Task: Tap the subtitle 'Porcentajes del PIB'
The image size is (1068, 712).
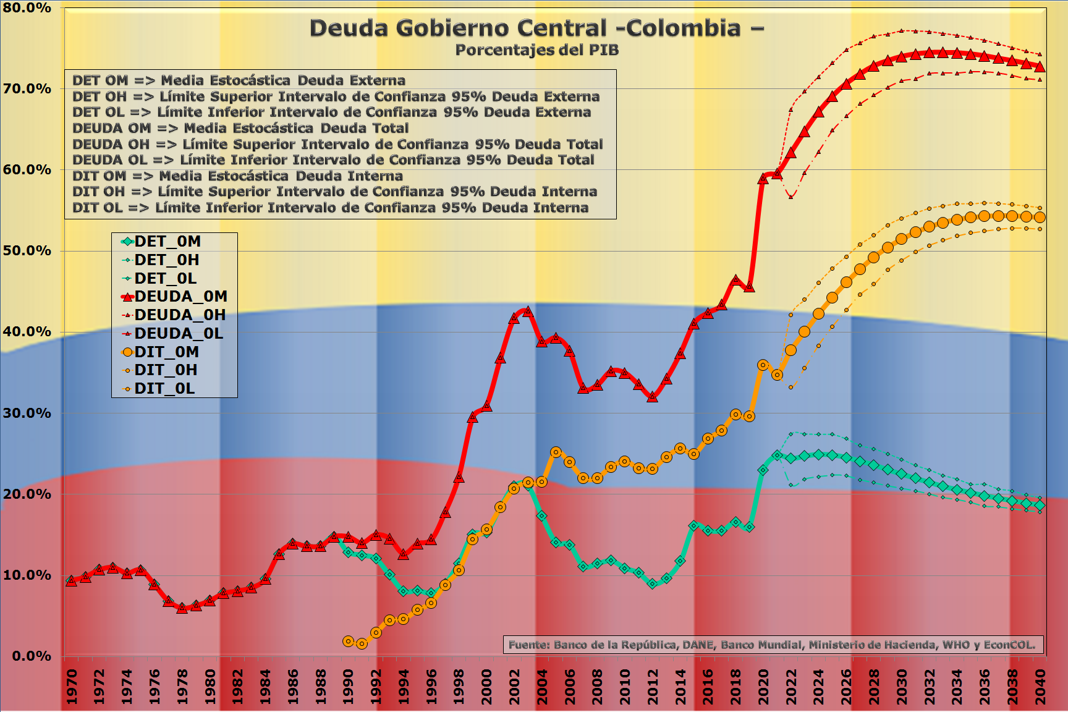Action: (536, 50)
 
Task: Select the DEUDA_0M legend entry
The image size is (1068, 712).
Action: (175, 297)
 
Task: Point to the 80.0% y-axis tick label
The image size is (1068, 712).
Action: (27, 8)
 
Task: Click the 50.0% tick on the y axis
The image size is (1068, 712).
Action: (27, 251)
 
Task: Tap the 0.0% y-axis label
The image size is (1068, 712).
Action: (31, 656)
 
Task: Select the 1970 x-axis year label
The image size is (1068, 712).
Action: (72, 686)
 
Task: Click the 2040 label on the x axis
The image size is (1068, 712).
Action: (1040, 686)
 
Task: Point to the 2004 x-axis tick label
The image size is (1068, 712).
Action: (542, 686)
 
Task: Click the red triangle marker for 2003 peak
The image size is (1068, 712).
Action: (528, 311)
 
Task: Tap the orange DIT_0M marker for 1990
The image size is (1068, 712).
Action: (348, 642)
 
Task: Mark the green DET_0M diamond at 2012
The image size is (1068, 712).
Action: (653, 583)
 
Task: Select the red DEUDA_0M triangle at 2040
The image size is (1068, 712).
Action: (1040, 66)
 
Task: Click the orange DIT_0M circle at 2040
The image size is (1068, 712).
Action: (1040, 218)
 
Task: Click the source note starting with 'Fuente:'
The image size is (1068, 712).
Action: (773, 645)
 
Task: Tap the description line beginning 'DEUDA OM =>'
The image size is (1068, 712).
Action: (240, 129)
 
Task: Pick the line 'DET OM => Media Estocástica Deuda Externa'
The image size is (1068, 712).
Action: (239, 80)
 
